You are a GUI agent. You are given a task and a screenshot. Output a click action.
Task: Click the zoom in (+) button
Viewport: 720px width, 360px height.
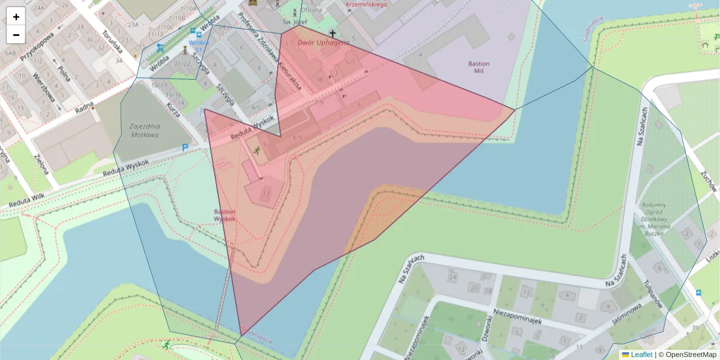pyautogui.click(x=16, y=17)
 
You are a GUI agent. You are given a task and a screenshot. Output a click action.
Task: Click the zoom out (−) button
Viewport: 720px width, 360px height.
pyautogui.click(x=16, y=35)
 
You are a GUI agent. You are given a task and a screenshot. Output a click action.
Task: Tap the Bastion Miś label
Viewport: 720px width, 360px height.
pyautogui.click(x=479, y=67)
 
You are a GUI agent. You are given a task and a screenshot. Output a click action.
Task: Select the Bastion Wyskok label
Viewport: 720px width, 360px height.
pyautogui.click(x=225, y=215)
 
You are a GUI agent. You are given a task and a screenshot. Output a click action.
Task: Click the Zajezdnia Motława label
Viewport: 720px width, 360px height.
pyautogui.click(x=144, y=130)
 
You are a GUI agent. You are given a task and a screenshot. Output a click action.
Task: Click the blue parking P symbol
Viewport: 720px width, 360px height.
pyautogui.click(x=185, y=148)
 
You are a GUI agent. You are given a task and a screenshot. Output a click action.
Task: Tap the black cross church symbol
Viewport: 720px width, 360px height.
pyautogui.click(x=332, y=33)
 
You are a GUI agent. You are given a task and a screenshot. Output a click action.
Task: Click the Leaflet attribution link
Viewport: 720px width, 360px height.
pyautogui.click(x=641, y=355)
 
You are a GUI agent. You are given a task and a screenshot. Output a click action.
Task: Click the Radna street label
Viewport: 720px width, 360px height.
pyautogui.click(x=85, y=107)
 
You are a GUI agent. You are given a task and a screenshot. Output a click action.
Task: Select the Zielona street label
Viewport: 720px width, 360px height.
pyautogui.click(x=41, y=163)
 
